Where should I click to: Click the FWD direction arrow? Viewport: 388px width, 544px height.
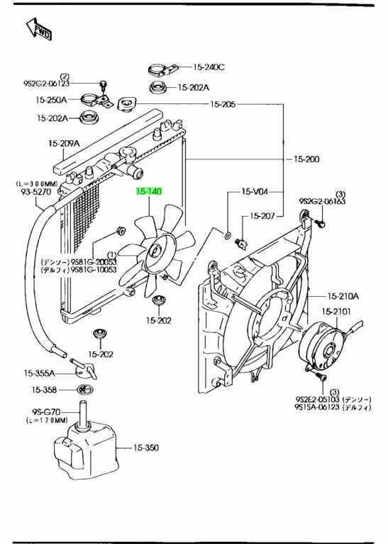pyautogui.click(x=39, y=29)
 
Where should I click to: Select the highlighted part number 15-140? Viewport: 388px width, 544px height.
pyautogui.click(x=149, y=191)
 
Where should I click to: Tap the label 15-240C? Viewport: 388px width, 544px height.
pyautogui.click(x=209, y=67)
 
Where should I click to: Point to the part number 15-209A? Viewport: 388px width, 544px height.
pyautogui.click(x=64, y=143)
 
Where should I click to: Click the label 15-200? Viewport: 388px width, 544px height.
pyautogui.click(x=306, y=159)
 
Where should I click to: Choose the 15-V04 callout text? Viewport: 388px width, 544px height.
pyautogui.click(x=255, y=191)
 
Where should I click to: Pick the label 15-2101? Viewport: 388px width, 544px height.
pyautogui.click(x=336, y=312)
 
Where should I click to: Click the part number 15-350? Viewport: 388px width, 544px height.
pyautogui.click(x=146, y=448)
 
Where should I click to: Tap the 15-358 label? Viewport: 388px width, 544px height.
pyautogui.click(x=44, y=390)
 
